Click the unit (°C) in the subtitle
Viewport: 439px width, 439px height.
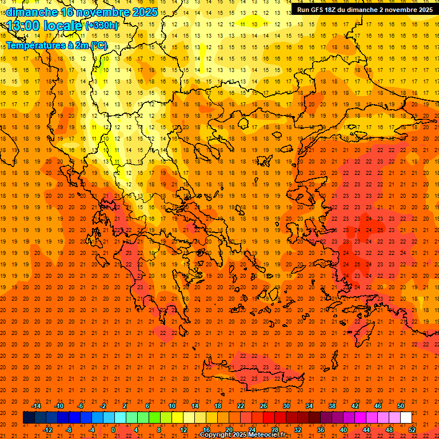(x=99, y=45)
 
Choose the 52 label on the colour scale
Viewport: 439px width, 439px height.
(x=412, y=429)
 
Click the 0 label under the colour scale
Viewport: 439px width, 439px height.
(x=113, y=429)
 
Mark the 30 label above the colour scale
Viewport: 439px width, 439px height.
(x=286, y=406)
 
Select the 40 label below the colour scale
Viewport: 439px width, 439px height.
(x=344, y=429)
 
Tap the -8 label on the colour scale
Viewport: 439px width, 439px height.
(x=69, y=429)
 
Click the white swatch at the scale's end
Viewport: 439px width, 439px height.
(x=406, y=417)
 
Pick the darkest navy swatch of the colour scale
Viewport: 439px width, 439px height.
(x=29, y=417)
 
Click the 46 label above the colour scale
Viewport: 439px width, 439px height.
(x=378, y=406)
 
